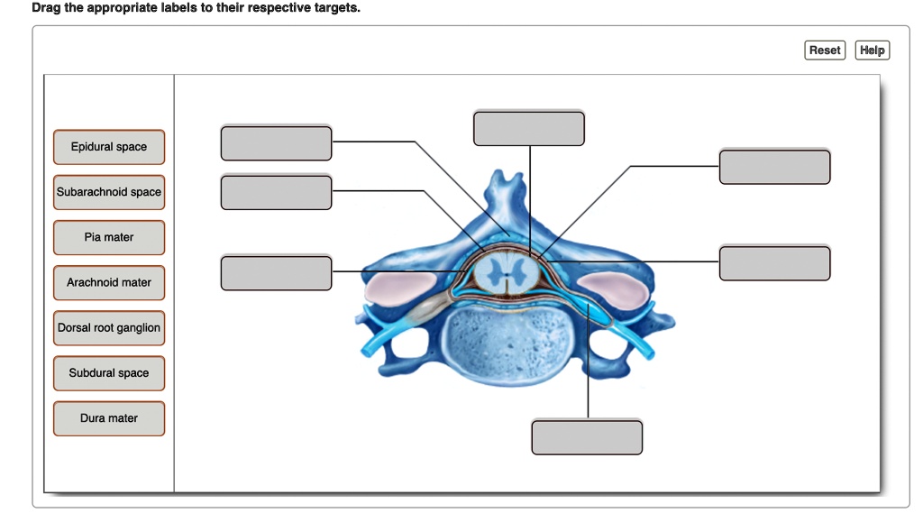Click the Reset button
pos(824,50)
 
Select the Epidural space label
pos(109,147)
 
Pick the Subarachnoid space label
pos(109,192)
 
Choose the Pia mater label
pos(109,237)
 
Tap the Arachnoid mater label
pos(109,282)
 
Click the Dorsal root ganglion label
pos(109,328)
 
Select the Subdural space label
pos(109,373)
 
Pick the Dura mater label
pos(109,418)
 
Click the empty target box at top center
pos(529,128)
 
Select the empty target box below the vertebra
pos(587,437)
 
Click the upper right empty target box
pos(774,168)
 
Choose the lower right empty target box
pos(774,262)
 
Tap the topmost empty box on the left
pos(276,144)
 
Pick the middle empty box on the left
pos(276,193)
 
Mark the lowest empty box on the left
pos(276,273)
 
